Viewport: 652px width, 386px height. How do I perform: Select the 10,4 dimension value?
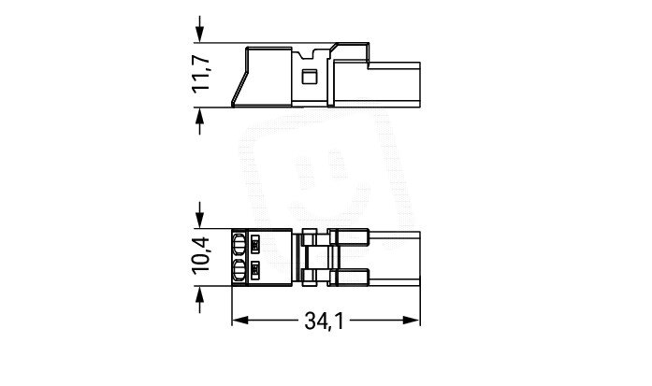click(201, 255)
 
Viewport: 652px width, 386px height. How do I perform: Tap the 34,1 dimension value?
click(325, 322)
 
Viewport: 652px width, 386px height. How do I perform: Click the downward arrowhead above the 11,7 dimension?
click(200, 34)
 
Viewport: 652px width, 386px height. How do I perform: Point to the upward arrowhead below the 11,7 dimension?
click(200, 116)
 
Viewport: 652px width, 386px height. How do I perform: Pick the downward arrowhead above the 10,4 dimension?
click(200, 220)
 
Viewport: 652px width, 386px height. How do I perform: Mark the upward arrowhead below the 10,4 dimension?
click(200, 294)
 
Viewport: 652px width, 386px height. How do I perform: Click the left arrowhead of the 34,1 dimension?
click(240, 321)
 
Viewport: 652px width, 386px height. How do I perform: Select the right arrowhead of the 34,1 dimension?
click(412, 321)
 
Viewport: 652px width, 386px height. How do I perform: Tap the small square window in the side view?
click(309, 77)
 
